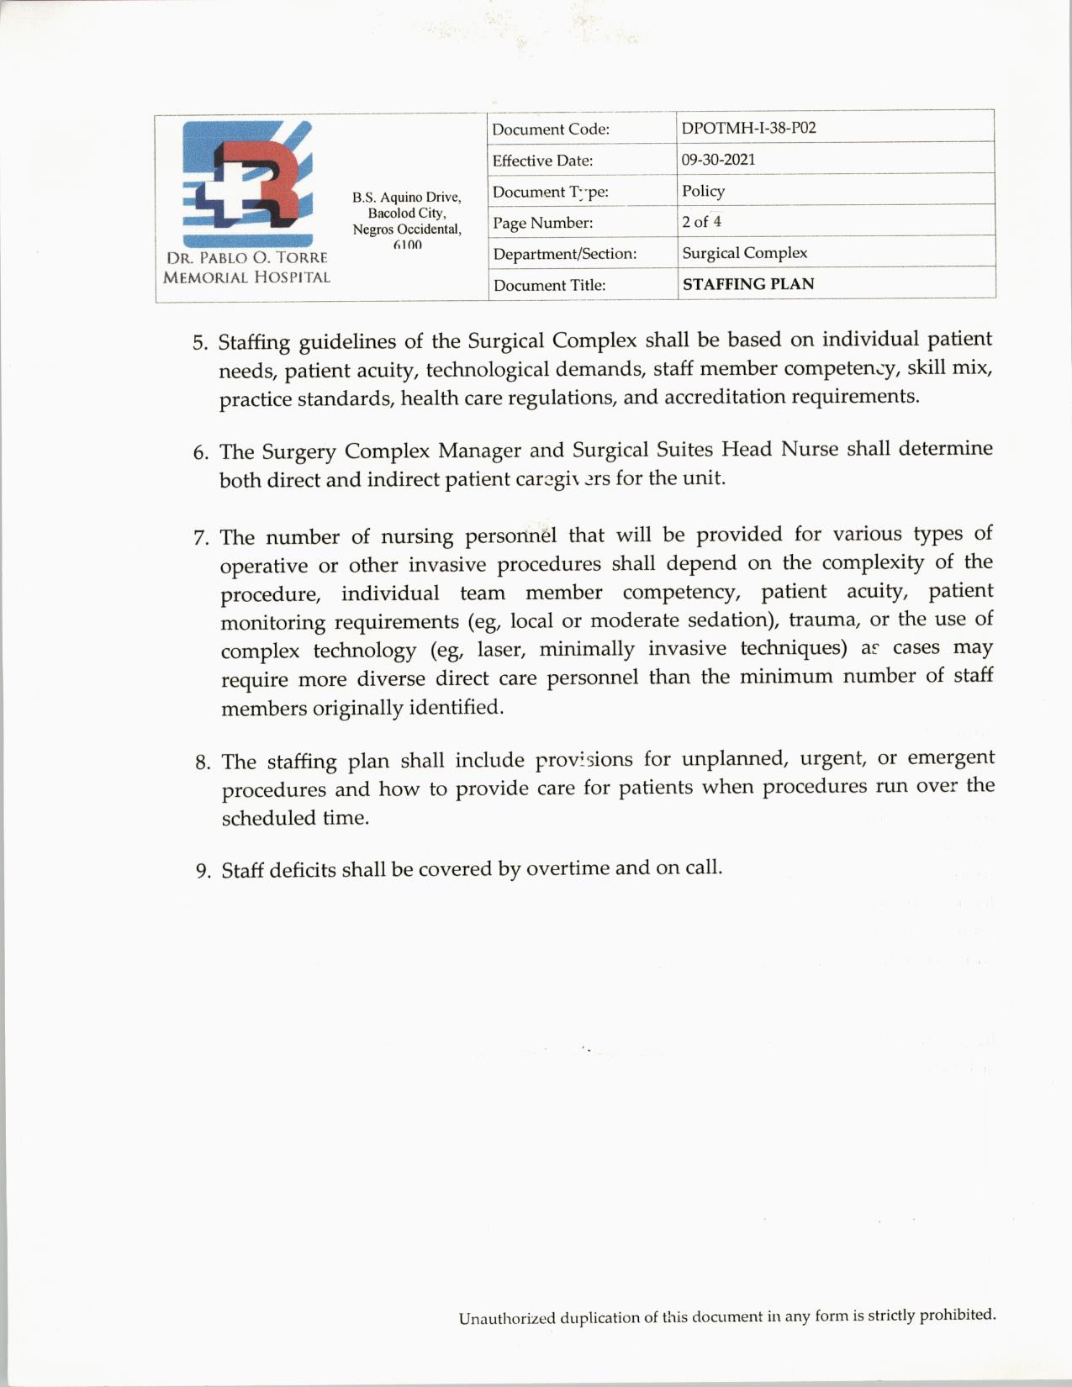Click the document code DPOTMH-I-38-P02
click(x=748, y=128)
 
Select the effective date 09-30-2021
click(x=718, y=159)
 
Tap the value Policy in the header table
click(x=703, y=191)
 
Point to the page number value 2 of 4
click(x=701, y=222)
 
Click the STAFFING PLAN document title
click(x=748, y=284)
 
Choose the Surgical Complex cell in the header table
click(x=744, y=253)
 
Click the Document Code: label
click(x=550, y=129)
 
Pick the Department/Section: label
click(x=564, y=254)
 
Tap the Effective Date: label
click(x=542, y=161)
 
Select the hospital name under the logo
click(x=246, y=267)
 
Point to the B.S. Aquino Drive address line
click(x=407, y=198)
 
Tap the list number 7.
click(x=202, y=538)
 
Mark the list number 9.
click(x=203, y=871)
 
